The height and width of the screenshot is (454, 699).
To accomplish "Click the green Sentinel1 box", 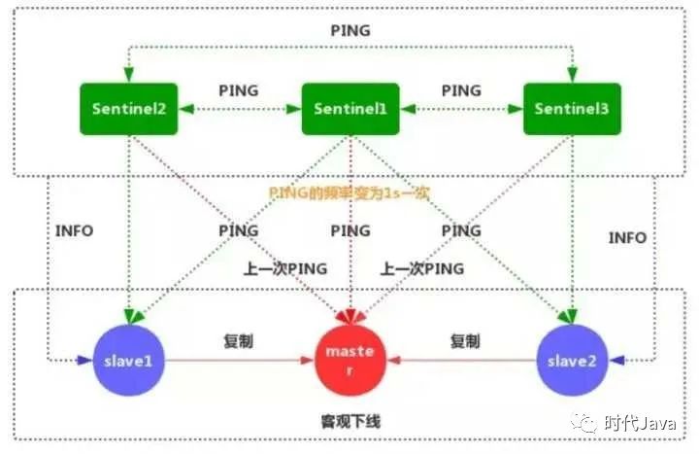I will coord(350,108).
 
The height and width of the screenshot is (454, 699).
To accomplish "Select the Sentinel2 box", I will coord(128,108).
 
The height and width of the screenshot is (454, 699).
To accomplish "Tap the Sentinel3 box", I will coord(572,108).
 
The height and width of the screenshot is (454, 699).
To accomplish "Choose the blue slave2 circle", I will coord(572,362).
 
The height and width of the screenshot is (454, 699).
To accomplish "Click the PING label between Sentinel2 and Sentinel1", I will coord(239,90).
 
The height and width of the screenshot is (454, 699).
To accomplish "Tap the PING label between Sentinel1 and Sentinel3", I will coord(461,90).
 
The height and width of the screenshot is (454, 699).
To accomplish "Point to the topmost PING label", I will coord(350,30).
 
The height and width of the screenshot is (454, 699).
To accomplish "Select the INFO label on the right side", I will coord(626,237).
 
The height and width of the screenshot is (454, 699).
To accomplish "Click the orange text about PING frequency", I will coord(349,192).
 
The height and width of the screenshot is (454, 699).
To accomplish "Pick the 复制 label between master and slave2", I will coord(464,342).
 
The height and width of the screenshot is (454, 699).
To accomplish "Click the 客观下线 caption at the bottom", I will coord(349,423).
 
